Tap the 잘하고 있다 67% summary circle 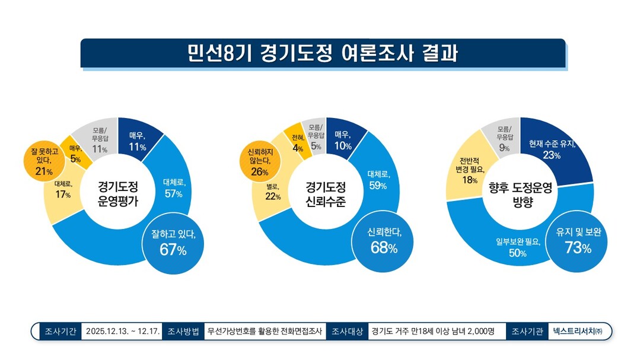(173, 243)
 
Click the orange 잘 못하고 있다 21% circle (43, 162)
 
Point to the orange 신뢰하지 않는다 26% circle (259, 162)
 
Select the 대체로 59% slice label (377, 180)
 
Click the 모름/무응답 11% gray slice (99, 140)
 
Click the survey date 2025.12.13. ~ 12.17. (122, 332)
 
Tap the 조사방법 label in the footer (183, 332)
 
